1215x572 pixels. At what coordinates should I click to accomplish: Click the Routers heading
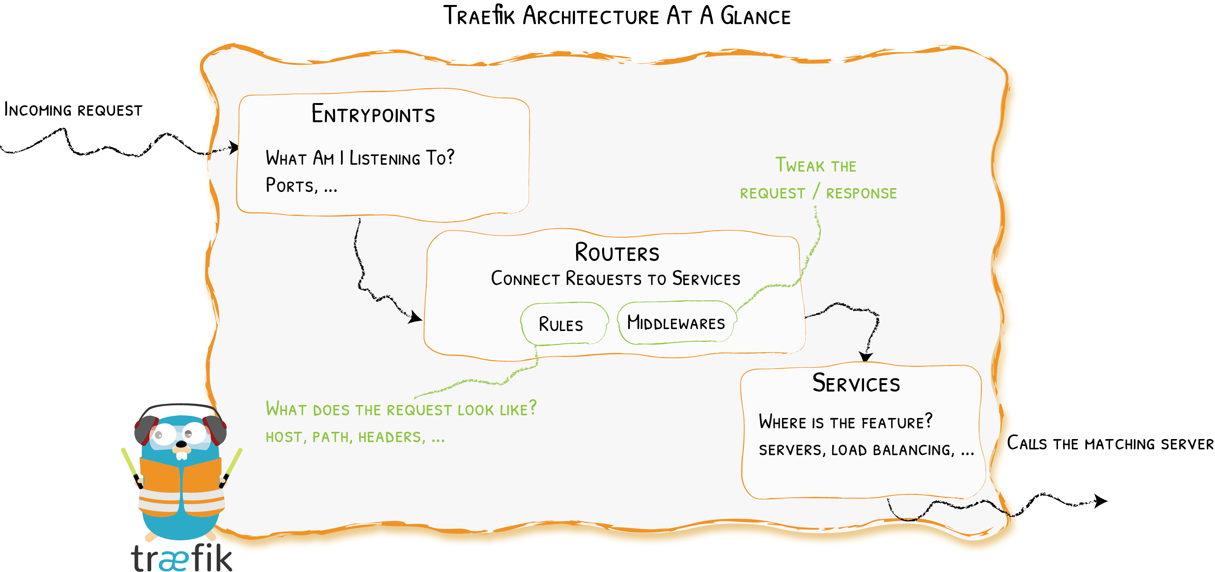pyautogui.click(x=616, y=253)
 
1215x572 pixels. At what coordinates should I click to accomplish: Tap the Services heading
pyautogui.click(x=856, y=383)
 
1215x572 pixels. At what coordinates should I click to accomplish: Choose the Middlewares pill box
pyautogui.click(x=676, y=323)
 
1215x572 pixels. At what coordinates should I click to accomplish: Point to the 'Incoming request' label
pyautogui.click(x=73, y=110)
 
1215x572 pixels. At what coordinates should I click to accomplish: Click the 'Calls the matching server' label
pyautogui.click(x=1109, y=444)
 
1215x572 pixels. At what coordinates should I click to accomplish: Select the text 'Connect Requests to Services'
pyautogui.click(x=616, y=279)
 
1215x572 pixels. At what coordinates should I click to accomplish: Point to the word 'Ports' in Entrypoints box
pyautogui.click(x=289, y=185)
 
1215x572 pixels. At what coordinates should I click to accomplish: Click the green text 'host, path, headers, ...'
pyautogui.click(x=355, y=437)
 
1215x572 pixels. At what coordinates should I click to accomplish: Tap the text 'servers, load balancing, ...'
pyautogui.click(x=866, y=450)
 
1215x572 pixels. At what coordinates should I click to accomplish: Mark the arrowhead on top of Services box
pyautogui.click(x=866, y=356)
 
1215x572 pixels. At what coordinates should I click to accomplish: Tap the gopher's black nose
pyautogui.click(x=181, y=444)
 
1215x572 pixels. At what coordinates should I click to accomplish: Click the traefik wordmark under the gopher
pyautogui.click(x=181, y=558)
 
